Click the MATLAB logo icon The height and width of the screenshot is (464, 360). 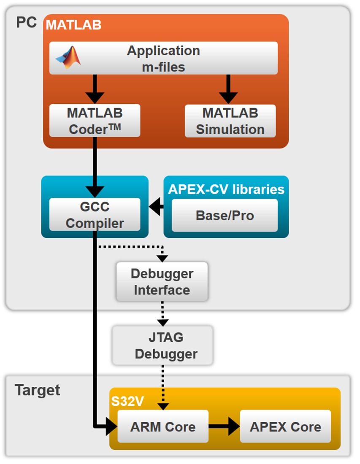(x=68, y=58)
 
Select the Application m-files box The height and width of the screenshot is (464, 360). (x=163, y=58)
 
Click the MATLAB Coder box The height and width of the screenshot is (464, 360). (x=95, y=121)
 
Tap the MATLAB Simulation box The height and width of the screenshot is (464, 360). (x=230, y=121)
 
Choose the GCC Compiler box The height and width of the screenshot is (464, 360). (x=95, y=215)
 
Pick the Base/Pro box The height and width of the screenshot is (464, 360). (x=225, y=215)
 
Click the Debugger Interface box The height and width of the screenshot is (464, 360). (x=162, y=282)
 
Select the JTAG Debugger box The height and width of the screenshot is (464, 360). (x=162, y=345)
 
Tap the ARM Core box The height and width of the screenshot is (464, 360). (x=162, y=426)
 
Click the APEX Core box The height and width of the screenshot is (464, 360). (x=285, y=426)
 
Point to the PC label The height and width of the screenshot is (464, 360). (x=26, y=22)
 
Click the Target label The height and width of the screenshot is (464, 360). (x=38, y=390)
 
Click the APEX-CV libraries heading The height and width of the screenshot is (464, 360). (x=226, y=189)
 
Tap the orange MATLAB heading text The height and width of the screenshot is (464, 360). (x=73, y=24)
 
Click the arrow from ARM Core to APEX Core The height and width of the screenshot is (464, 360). (x=224, y=426)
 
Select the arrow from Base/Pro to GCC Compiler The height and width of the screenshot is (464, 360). (x=157, y=207)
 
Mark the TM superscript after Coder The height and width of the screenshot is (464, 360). (x=115, y=125)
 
